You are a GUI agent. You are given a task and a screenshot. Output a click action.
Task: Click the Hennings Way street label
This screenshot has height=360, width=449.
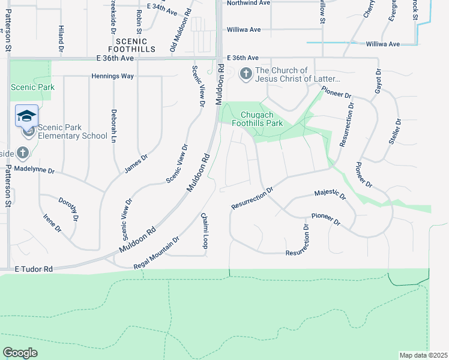[x=112, y=76]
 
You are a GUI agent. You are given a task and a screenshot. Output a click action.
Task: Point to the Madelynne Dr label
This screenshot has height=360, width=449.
[x=35, y=171]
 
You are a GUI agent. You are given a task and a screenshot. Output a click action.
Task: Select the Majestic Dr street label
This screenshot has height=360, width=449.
[x=330, y=194]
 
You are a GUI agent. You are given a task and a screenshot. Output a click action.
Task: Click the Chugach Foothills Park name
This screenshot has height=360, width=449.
[x=261, y=119]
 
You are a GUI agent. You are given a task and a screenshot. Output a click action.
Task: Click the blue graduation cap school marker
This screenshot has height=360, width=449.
[x=26, y=115]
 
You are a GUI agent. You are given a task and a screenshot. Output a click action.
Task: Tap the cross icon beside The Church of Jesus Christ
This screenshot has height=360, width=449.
[x=246, y=74]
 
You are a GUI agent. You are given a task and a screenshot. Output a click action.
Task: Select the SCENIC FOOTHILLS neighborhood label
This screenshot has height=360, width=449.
[x=131, y=44]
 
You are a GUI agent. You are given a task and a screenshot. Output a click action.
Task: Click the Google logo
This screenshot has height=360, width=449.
[x=20, y=352]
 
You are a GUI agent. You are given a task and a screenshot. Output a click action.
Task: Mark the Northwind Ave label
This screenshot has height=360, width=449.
[x=248, y=2]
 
